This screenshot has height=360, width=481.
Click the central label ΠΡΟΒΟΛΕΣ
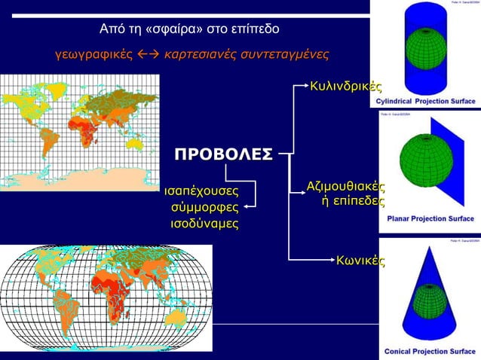223,155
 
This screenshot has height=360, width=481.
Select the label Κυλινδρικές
344,88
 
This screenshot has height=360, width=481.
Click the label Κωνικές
360,261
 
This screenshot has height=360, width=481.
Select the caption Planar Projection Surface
430,219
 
